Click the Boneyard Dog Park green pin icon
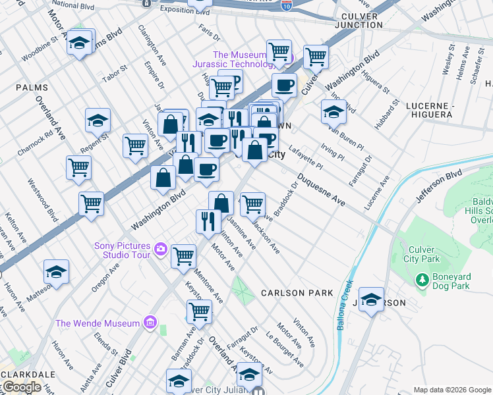423,280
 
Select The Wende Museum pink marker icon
150,323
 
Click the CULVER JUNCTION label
359,19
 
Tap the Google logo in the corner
21,387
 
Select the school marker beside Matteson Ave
57,272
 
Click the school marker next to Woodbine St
80,43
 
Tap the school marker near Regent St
98,120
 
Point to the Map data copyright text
452,390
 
